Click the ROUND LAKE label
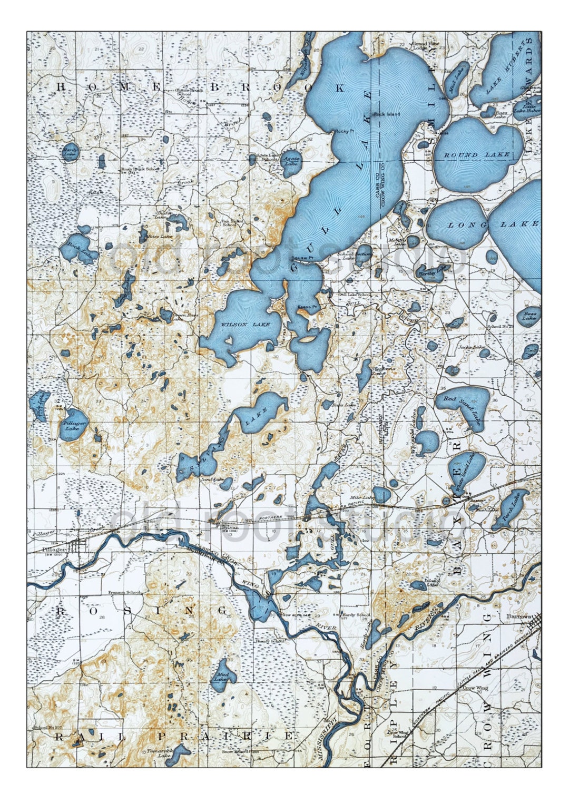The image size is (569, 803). pos(477,155)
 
